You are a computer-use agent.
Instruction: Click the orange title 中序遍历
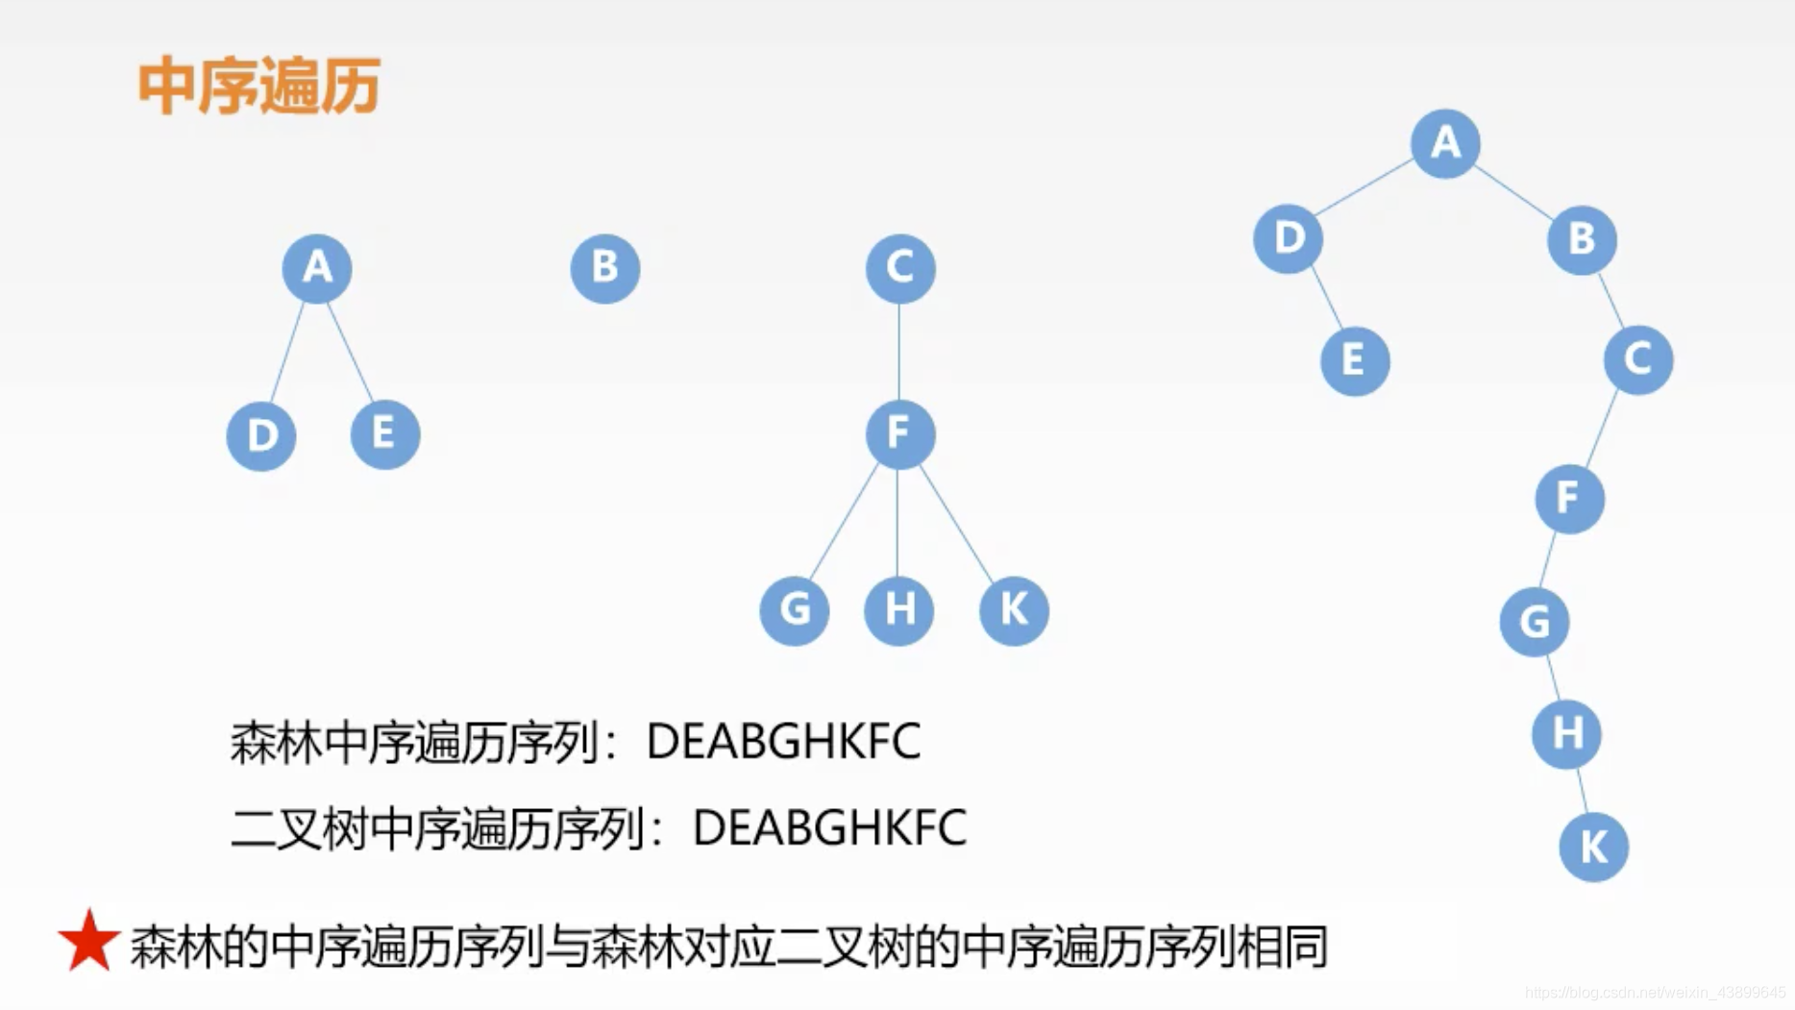click(258, 86)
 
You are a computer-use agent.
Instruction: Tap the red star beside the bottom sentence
click(88, 942)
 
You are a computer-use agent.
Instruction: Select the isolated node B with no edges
click(604, 268)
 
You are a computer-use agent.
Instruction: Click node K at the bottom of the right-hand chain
click(1592, 848)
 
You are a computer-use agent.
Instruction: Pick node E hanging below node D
click(1354, 361)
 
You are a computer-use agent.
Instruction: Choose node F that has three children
click(899, 434)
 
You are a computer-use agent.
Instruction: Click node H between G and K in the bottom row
click(898, 610)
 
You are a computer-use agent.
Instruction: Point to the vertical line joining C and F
click(899, 351)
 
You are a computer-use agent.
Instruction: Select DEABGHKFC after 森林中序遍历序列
click(783, 742)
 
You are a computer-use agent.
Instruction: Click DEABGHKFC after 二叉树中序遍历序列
click(828, 828)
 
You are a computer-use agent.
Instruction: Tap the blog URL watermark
click(1655, 992)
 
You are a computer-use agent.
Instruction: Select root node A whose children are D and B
click(1444, 143)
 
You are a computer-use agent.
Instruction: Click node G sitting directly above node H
click(1534, 622)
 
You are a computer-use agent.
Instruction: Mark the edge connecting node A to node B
click(1512, 190)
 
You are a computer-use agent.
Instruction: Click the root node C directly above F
click(899, 268)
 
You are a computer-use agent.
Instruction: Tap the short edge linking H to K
click(1581, 791)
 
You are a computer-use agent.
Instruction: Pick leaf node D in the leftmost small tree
click(261, 436)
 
